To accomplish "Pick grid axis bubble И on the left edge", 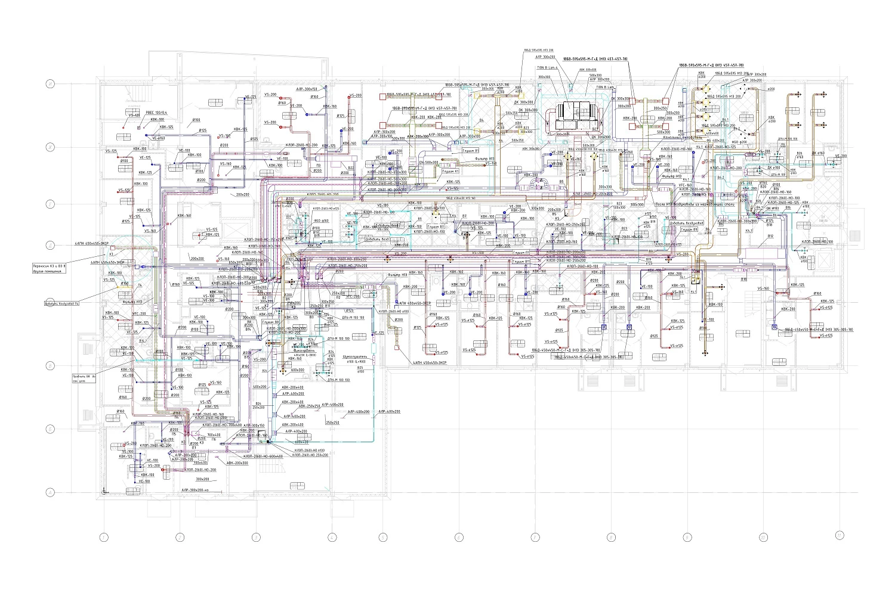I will tap(51, 85).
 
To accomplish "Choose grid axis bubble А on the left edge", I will tap(51, 492).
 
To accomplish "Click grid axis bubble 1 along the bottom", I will tap(104, 538).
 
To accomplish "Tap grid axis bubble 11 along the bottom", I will tap(840, 534).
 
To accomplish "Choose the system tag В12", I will tap(770, 236).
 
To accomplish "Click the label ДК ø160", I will tap(817, 153).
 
